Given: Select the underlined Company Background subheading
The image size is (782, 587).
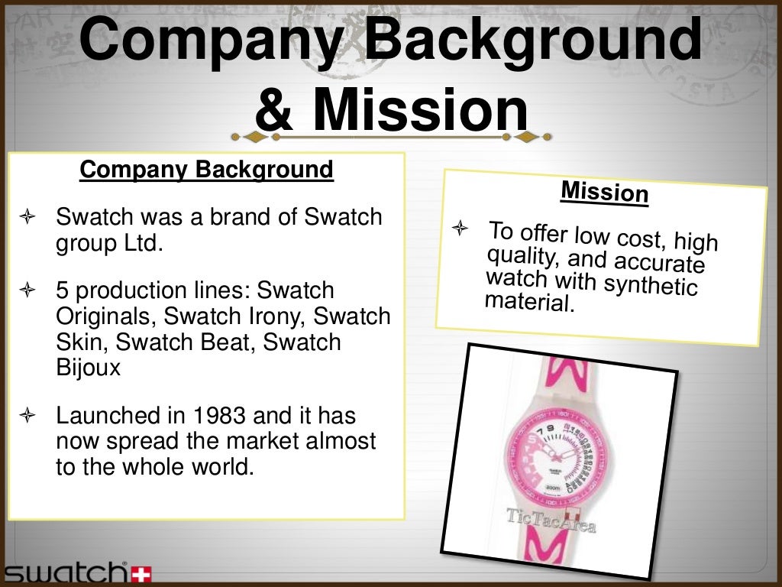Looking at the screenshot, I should coord(207,169).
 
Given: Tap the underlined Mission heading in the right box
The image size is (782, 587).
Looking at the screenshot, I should coord(604,191).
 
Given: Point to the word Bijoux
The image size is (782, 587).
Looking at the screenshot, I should coord(89,368).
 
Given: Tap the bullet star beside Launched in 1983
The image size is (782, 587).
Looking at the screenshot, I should coord(27,417).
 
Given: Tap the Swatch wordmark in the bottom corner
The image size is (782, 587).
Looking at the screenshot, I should coord(65,572).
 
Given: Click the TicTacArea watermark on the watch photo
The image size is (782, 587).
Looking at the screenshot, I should coord(551,519).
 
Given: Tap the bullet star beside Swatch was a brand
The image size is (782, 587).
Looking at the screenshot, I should coord(27,218).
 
